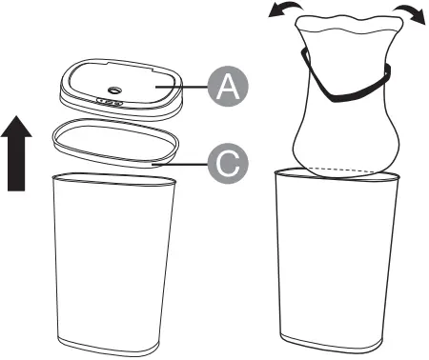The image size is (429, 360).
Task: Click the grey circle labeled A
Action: pyautogui.click(x=228, y=87)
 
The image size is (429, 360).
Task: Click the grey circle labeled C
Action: pyautogui.click(x=228, y=164)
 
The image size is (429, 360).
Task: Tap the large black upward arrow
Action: pyautogui.click(x=16, y=153)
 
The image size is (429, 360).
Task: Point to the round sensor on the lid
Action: pyautogui.click(x=114, y=90)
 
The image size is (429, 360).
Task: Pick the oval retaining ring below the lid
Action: pyautogui.click(x=115, y=143)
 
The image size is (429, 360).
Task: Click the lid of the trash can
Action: pyautogui.click(x=121, y=90)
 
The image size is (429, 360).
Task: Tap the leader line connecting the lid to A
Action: pyautogui.click(x=181, y=87)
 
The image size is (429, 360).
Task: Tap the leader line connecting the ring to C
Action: pyautogui.click(x=180, y=165)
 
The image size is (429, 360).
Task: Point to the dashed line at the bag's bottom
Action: pyautogui.click(x=342, y=170)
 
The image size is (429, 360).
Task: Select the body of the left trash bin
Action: pyautogui.click(x=114, y=264)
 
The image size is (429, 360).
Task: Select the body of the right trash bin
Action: pyautogui.click(x=336, y=261)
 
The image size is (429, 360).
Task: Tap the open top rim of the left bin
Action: pyautogui.click(x=113, y=178)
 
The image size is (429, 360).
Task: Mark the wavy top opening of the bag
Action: pyautogui.click(x=350, y=24)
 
